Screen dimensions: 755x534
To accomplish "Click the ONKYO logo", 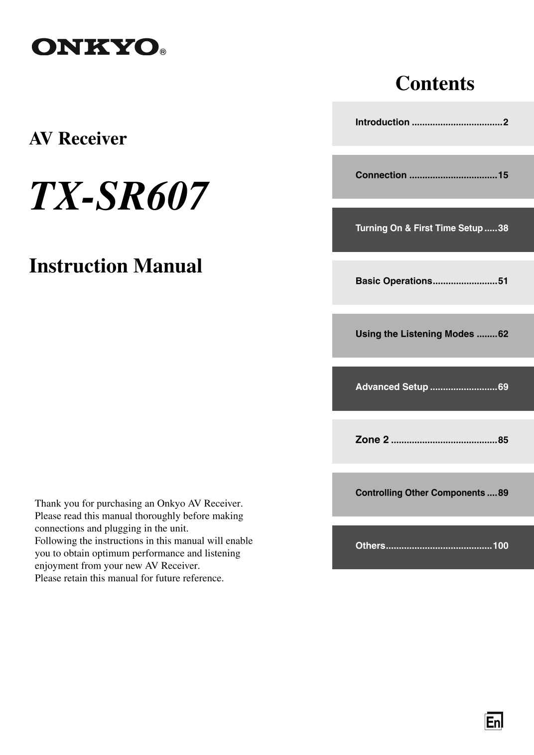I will click(95, 47).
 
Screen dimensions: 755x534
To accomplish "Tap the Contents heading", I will click(434, 83).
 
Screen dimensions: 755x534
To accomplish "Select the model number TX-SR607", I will click(119, 196).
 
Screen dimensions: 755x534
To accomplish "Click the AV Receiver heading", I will click(78, 138).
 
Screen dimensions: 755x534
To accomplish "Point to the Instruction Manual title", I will click(116, 266).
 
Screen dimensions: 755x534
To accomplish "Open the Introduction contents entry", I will click(431, 123).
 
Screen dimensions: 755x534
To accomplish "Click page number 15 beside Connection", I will click(503, 175).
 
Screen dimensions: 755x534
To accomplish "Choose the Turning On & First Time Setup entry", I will click(431, 228).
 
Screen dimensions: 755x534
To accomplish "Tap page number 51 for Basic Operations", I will click(503, 281).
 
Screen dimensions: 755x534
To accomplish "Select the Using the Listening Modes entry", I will click(431, 334).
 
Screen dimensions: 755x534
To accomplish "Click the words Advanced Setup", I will click(392, 387).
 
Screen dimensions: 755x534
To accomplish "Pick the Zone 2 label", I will click(372, 440).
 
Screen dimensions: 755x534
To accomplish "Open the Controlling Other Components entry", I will click(431, 493).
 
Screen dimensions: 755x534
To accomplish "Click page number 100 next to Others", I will click(501, 546).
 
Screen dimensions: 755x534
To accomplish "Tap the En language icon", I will click(494, 721).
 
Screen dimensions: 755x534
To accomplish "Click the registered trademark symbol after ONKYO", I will click(163, 52).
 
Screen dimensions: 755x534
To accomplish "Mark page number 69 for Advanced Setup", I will click(503, 387).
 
